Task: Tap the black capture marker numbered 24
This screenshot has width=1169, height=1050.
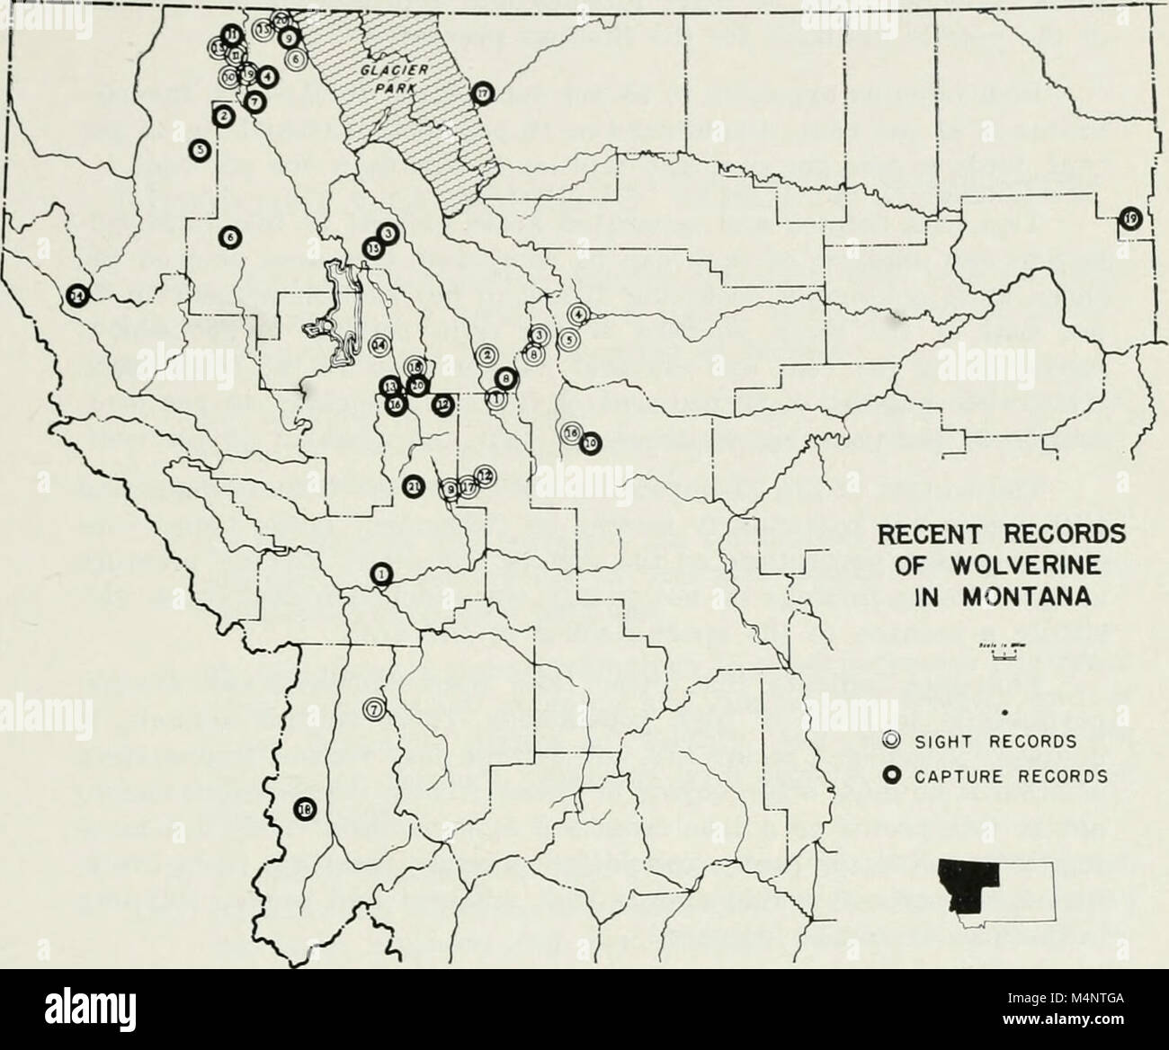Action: pos(78,294)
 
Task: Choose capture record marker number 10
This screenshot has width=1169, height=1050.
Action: pos(590,441)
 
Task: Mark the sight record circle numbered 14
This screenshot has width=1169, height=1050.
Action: pos(379,344)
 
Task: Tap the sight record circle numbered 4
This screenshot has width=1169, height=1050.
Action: pos(578,314)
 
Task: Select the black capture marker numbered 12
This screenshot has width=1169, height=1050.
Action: pos(442,405)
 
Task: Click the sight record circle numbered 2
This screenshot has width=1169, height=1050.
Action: pos(486,355)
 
